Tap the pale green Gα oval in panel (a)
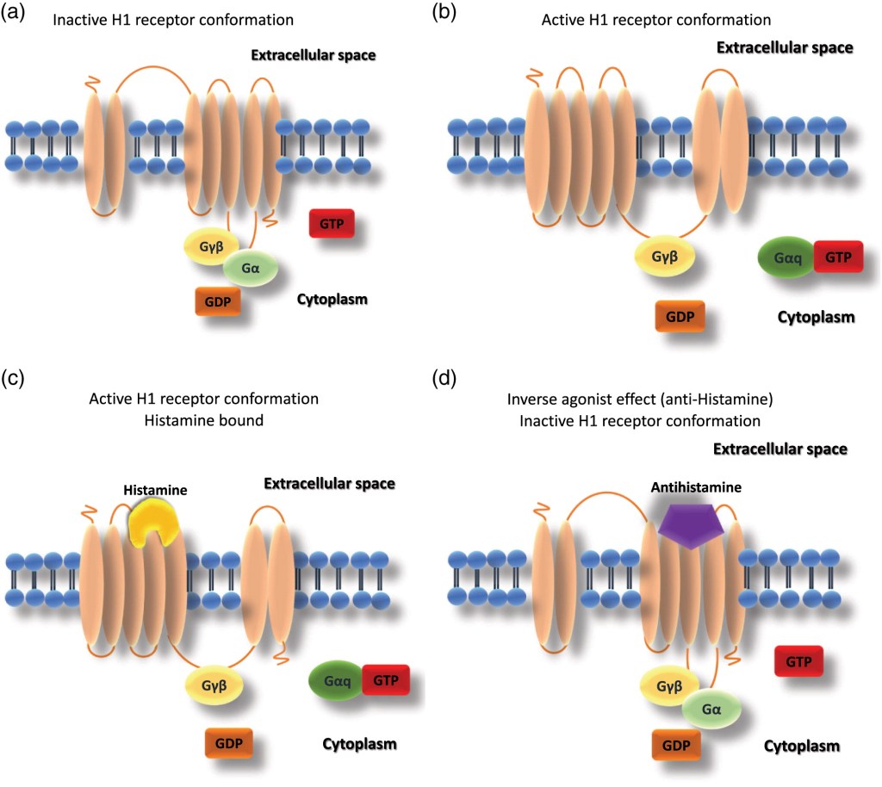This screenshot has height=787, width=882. [251, 269]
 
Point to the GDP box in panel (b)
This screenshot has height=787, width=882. [680, 316]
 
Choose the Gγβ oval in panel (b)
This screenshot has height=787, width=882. [664, 256]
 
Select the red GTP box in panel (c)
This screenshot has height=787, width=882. [384, 680]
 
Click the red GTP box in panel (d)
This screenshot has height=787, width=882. [798, 662]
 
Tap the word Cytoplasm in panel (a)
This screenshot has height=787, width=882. [332, 301]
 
